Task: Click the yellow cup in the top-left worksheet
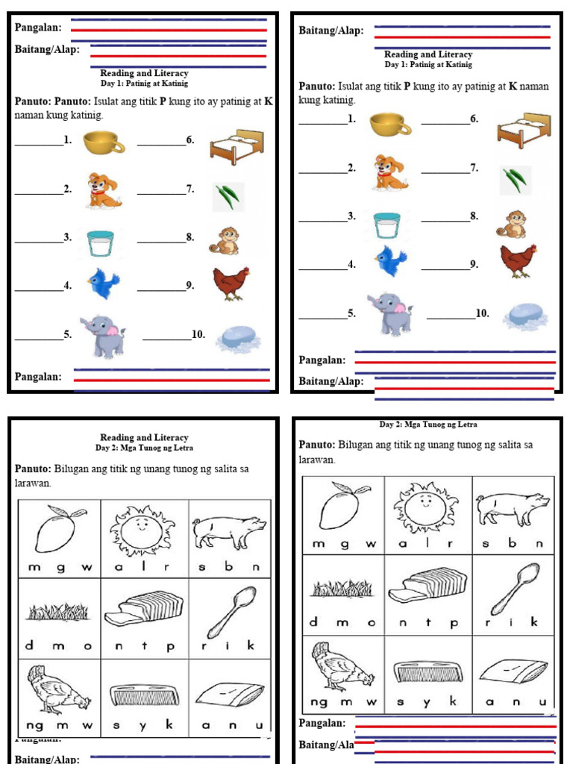coord(103,142)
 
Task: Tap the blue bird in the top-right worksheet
coord(391,260)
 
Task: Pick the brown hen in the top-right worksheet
coord(517,260)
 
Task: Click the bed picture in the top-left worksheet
coord(237,146)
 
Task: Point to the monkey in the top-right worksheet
coord(513,224)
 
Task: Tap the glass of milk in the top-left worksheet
coord(99,243)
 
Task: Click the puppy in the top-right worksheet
coord(389,172)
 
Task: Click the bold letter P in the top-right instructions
coord(407,87)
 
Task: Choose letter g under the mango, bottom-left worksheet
coord(60,567)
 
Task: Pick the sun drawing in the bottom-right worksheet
coord(425,505)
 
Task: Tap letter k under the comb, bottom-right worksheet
coord(452,702)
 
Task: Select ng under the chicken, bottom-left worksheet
coord(34,724)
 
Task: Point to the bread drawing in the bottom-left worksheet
coord(143,609)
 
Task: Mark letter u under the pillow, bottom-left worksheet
coord(259,724)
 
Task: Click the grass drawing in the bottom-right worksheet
coord(342,589)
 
